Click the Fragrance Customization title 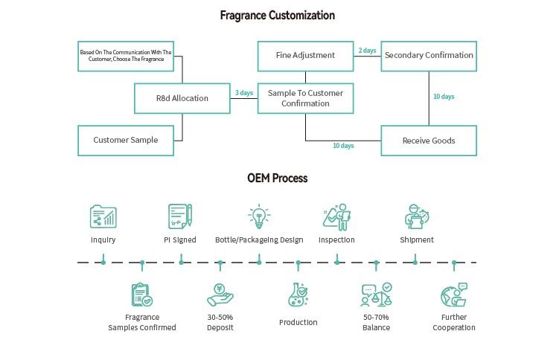coord(278,15)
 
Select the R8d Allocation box coord(182,98)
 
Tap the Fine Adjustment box coord(305,56)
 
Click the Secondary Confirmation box coord(429,56)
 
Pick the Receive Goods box coord(429,141)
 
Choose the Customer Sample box coord(126,141)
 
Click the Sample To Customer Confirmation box coord(305,98)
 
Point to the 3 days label coord(244,93)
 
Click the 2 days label coord(367,51)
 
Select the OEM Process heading coord(278,179)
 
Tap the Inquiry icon coord(103,216)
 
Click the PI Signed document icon coord(180,216)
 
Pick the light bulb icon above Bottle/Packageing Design coord(258,216)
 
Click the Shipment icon coord(416,216)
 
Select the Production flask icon coord(298,295)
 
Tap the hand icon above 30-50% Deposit coord(220,295)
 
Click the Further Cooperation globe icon coord(454,295)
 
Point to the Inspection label coord(336,240)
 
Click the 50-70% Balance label coord(376,322)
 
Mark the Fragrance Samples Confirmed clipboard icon coord(141,295)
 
